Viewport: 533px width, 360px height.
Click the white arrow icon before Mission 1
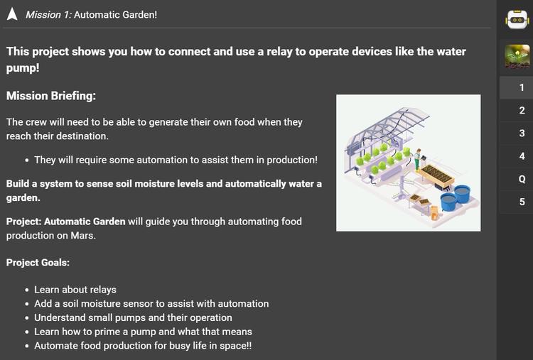click(12, 14)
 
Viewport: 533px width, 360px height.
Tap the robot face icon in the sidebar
click(517, 19)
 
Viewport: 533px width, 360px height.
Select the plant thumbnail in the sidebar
click(517, 56)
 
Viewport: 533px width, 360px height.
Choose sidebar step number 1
click(522, 87)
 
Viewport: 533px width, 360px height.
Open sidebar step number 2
click(522, 110)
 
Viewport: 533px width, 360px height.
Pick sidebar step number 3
click(522, 133)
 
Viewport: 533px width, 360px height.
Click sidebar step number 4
click(522, 156)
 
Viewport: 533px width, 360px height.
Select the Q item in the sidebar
click(522, 179)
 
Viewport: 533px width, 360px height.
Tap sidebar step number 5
click(522, 202)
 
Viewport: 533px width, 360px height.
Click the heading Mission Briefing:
click(51, 96)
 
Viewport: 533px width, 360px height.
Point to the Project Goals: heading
click(38, 263)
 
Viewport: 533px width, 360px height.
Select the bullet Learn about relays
click(75, 290)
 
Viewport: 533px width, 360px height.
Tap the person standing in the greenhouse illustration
click(418, 159)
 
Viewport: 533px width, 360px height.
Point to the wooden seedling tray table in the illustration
click(436, 176)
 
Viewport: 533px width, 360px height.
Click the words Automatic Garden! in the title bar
click(116, 15)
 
